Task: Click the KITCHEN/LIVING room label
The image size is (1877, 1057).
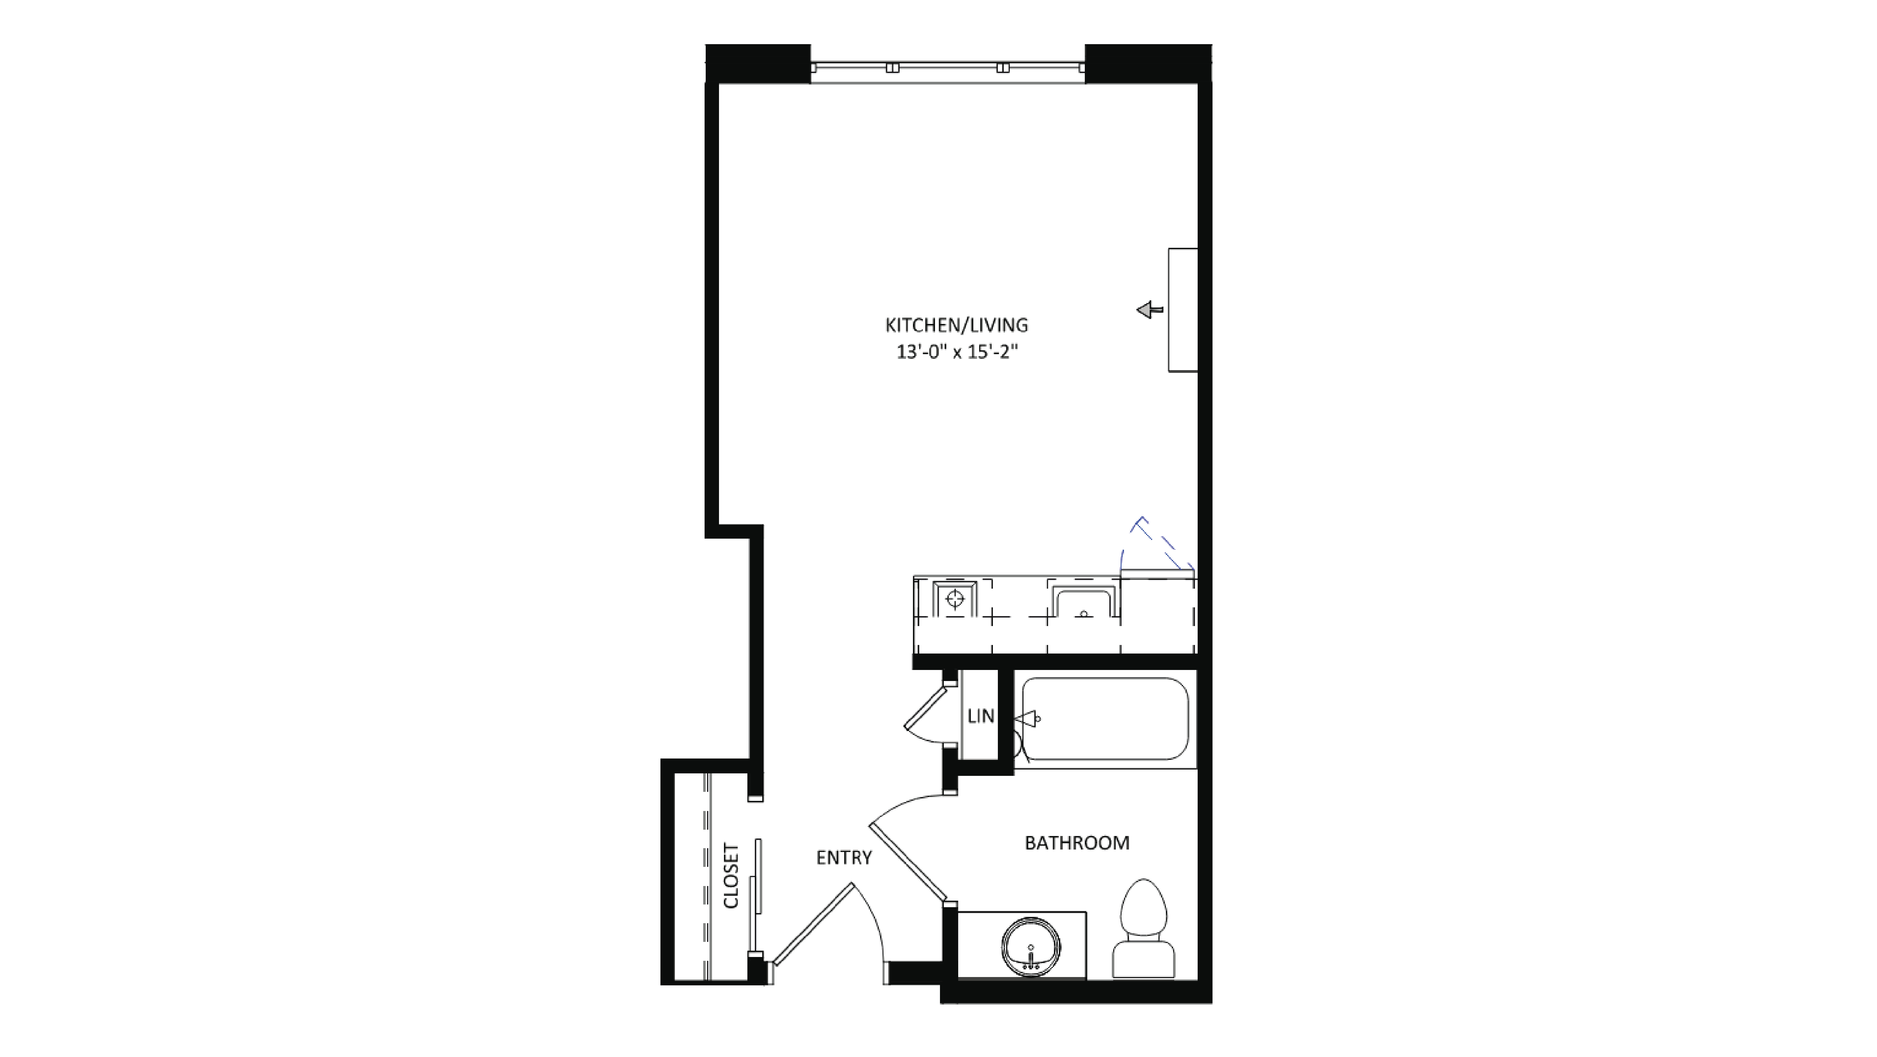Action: click(x=956, y=325)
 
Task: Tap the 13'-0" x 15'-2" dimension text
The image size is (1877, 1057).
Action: click(x=956, y=352)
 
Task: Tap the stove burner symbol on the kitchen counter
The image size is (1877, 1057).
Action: click(x=955, y=599)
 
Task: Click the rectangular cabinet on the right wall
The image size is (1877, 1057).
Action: click(x=1183, y=310)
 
